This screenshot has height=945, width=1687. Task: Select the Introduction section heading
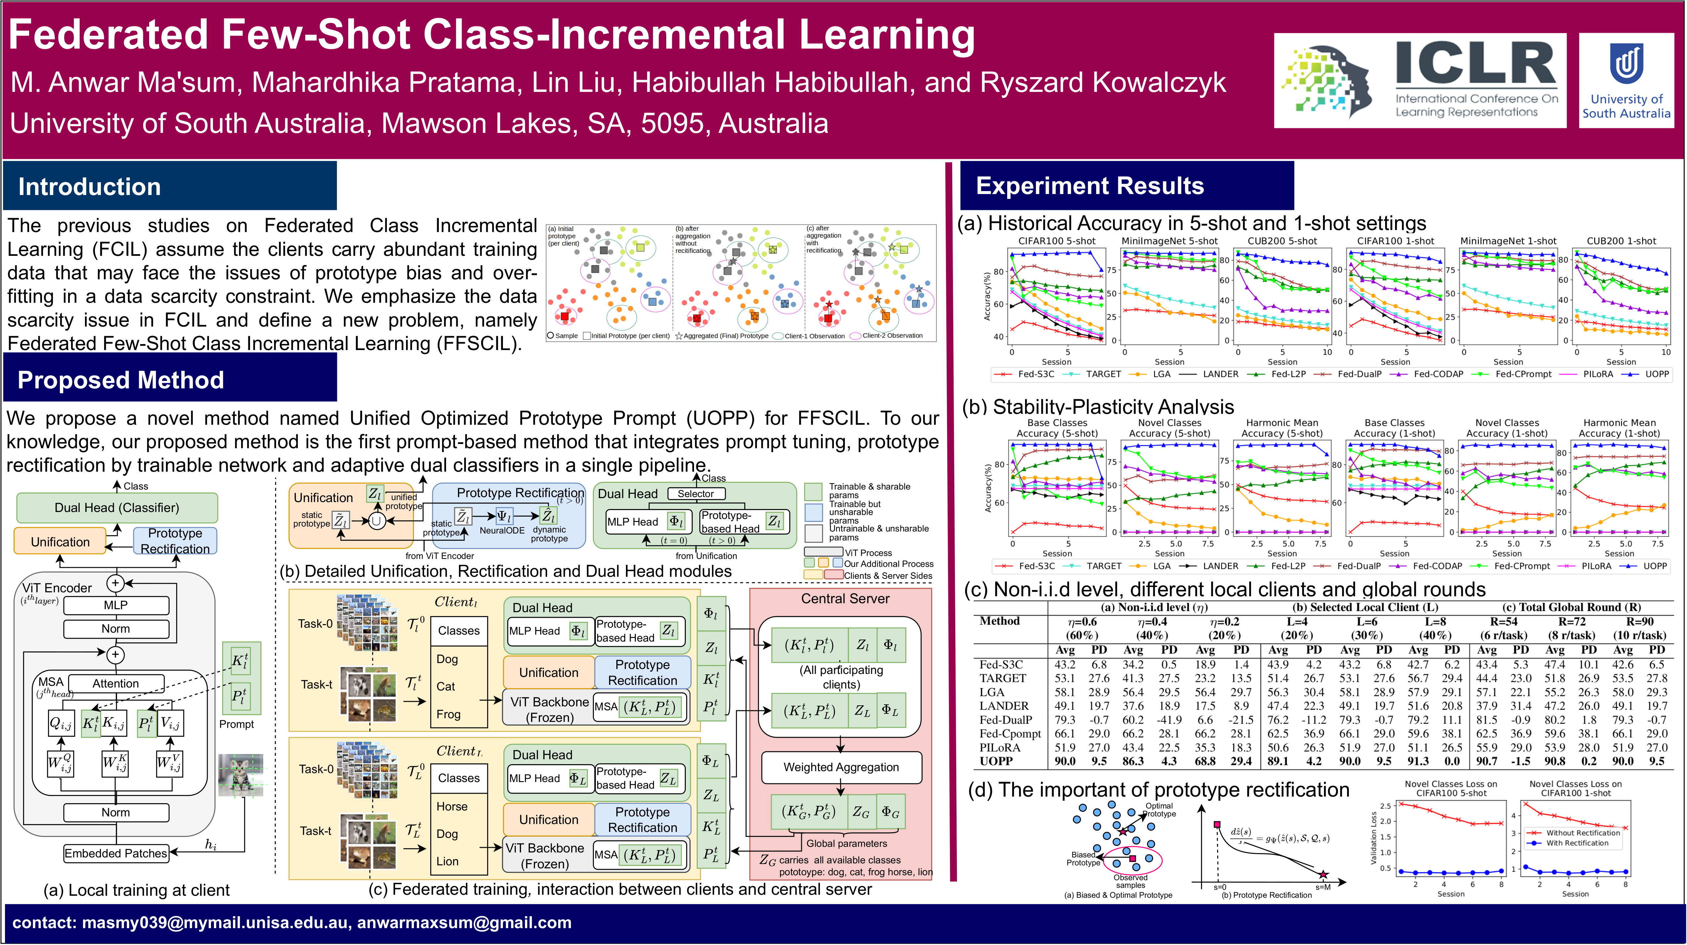(90, 186)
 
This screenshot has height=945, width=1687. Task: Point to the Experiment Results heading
(1090, 186)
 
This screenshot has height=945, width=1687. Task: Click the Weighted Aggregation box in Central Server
(841, 767)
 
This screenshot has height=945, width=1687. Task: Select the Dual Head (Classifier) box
(117, 508)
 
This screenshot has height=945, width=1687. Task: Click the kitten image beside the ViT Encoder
(240, 775)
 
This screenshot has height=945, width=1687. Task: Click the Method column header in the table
(999, 621)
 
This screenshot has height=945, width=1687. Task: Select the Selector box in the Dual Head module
(695, 493)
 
